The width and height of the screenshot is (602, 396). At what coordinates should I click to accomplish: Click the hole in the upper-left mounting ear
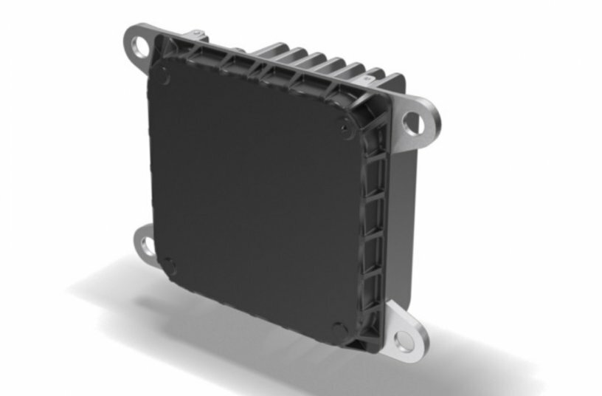click(139, 47)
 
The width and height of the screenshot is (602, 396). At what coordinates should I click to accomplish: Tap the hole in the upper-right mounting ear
click(414, 123)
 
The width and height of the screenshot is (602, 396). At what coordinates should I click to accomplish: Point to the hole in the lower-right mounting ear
click(403, 340)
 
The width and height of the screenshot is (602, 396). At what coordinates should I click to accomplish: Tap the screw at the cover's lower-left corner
click(169, 264)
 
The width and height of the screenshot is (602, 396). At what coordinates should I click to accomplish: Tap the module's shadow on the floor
click(221, 310)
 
